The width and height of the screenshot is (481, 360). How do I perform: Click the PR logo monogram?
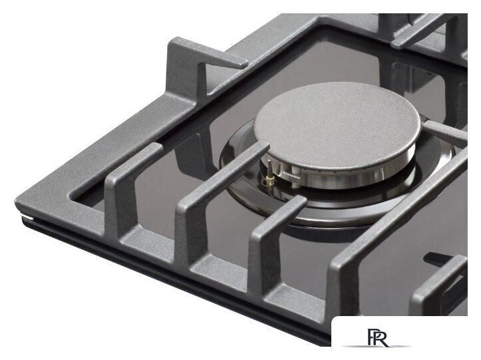378,337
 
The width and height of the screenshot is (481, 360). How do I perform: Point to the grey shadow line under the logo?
377,347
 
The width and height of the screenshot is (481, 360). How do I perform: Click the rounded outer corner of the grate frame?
19,202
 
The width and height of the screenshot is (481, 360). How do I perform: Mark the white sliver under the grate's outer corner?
27,216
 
